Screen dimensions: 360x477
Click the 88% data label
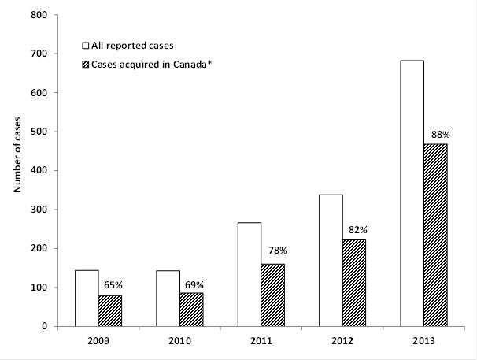pos(434,134)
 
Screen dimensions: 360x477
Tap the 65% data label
pos(110,286)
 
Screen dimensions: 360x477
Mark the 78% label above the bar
pos(273,251)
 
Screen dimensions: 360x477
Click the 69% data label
pos(191,283)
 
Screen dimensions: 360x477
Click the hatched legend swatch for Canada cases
pos(87,63)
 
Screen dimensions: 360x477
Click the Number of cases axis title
pos(16,170)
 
